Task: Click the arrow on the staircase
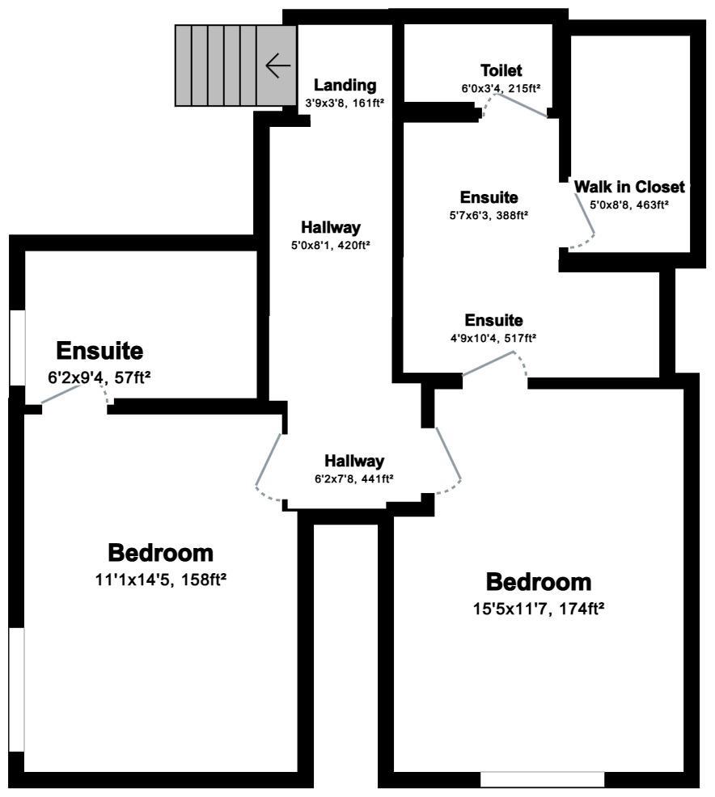point(277,65)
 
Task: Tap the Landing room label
point(345,85)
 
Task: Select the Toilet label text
point(501,70)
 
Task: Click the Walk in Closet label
point(629,187)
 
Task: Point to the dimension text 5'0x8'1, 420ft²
point(330,245)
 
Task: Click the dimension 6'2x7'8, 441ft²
point(353,479)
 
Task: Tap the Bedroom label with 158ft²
point(161,554)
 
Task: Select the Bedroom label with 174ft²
point(538,582)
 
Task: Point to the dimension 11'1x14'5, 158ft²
point(161,580)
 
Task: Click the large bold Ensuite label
point(99,352)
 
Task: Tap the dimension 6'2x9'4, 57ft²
point(100,376)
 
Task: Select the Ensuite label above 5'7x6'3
point(489,197)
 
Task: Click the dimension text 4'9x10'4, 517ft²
point(493,338)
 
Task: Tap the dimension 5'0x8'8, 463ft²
point(628,205)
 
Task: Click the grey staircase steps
point(218,65)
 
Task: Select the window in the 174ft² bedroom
point(542,779)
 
